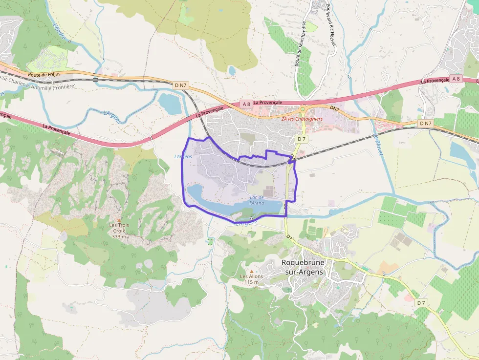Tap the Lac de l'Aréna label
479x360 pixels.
[x=257, y=200]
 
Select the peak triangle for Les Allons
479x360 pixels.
[x=252, y=271]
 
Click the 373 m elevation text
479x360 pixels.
[x=119, y=236]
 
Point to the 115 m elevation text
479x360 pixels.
[x=251, y=282]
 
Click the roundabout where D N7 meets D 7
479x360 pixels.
[x=303, y=109]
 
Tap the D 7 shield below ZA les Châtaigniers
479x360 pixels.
[x=302, y=139]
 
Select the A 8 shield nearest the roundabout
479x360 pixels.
[x=246, y=104]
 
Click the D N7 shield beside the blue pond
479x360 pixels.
[x=181, y=85]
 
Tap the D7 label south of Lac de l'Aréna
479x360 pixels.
[x=289, y=237]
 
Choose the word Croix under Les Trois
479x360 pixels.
[x=119, y=231]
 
